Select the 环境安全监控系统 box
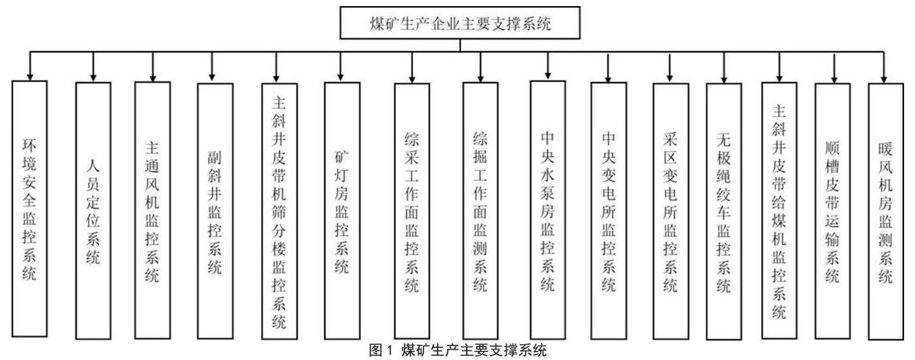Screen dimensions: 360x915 (x=29, y=209)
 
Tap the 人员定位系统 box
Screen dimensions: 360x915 (x=93, y=210)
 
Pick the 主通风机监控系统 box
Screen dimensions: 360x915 (x=152, y=210)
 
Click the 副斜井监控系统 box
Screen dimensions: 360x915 (x=215, y=210)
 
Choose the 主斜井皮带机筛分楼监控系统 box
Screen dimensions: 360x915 (x=279, y=210)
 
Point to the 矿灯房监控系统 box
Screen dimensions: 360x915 (x=342, y=210)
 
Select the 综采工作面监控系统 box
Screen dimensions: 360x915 (x=412, y=210)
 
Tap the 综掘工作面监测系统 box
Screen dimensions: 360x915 (x=481, y=210)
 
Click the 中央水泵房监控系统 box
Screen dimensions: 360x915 (x=548, y=209)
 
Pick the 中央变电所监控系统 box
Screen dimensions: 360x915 (x=609, y=210)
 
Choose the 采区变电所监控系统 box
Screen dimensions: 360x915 (x=670, y=210)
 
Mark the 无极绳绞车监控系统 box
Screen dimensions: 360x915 (x=724, y=211)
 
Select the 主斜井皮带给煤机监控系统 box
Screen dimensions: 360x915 (x=779, y=210)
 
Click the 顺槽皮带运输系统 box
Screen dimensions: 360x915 (x=833, y=210)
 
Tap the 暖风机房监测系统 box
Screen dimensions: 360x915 (x=886, y=211)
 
